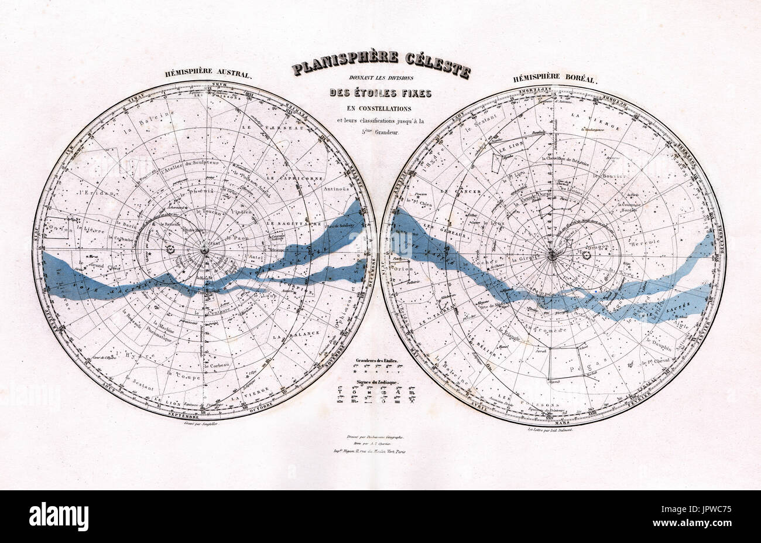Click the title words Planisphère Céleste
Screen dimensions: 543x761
[380, 64]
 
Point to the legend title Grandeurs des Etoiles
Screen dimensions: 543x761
[375, 361]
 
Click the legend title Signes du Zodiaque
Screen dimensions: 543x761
[375, 381]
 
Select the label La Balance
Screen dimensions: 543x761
[303, 333]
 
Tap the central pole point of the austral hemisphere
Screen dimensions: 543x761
[204, 250]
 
